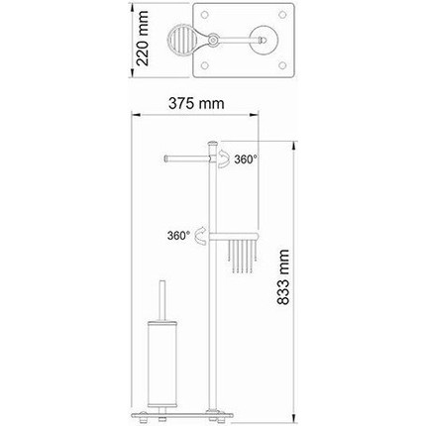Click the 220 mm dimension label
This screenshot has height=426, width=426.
pyautogui.click(x=143, y=39)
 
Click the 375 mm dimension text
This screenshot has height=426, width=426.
pyautogui.click(x=196, y=103)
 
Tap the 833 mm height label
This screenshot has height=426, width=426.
pyautogui.click(x=283, y=277)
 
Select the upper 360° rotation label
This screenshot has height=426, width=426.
pyautogui.click(x=246, y=160)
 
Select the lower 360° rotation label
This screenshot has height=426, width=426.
pyautogui.click(x=178, y=236)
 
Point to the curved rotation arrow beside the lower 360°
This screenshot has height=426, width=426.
pyautogui.click(x=201, y=236)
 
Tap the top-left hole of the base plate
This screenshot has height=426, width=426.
pyautogui.click(x=205, y=15)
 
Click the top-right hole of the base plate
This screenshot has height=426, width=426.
pyautogui.click(x=282, y=15)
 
